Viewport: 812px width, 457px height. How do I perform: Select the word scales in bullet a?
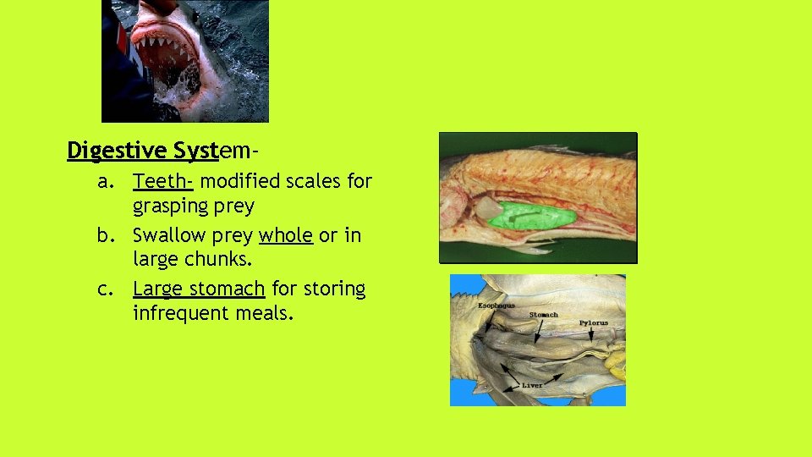click(302, 181)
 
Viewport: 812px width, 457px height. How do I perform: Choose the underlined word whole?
click(286, 234)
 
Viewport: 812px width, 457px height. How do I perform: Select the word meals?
click(268, 313)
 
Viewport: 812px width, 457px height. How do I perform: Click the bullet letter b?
click(104, 234)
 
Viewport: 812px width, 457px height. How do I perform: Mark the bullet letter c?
click(104, 289)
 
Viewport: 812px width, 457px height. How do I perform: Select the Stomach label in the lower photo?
click(543, 315)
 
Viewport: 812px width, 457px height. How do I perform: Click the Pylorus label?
click(593, 322)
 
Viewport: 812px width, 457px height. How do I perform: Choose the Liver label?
click(531, 385)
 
